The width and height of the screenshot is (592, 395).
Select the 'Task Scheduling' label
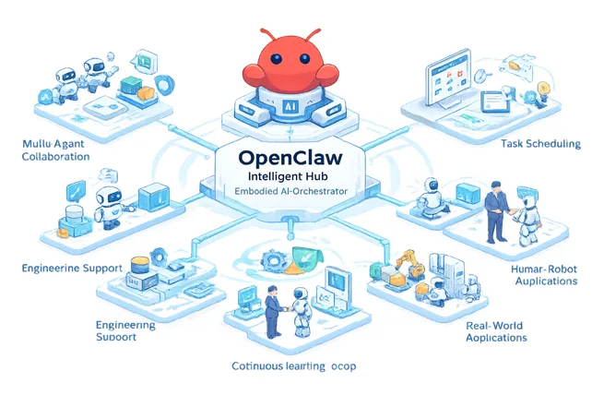click(x=539, y=144)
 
